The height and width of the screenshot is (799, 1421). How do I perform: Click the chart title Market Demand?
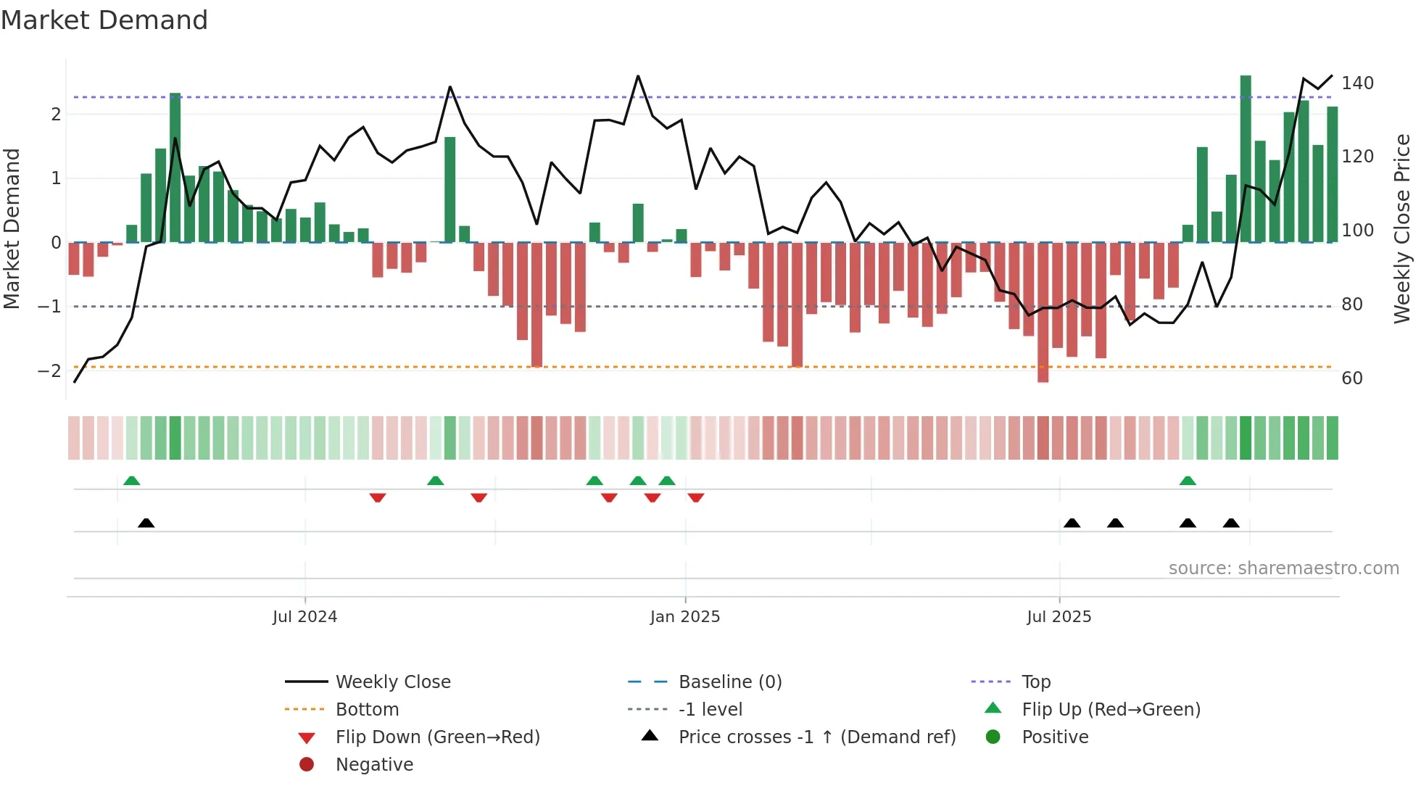(x=104, y=20)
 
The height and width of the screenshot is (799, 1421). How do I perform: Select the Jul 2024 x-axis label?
(x=304, y=617)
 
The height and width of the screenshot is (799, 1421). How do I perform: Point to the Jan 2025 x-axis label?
(x=684, y=617)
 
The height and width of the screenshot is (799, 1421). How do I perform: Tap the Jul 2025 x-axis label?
(x=1058, y=617)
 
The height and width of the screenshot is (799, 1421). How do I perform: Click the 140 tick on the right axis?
(x=1357, y=83)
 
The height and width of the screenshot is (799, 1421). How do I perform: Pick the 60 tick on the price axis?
(x=1352, y=378)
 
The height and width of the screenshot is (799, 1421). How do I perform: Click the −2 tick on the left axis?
(x=49, y=371)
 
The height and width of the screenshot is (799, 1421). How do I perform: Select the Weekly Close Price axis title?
(x=1402, y=228)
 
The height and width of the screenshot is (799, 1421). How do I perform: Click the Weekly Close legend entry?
(x=392, y=682)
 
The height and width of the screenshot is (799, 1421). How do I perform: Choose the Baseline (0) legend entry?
(x=729, y=682)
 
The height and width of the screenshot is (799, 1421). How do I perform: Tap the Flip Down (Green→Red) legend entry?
(x=437, y=737)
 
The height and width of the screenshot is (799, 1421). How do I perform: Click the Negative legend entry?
(x=374, y=765)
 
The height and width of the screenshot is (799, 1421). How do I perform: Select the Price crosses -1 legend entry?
(x=816, y=737)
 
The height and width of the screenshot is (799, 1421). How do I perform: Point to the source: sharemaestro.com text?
(x=1283, y=568)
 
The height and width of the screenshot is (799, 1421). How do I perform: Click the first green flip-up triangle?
(x=131, y=481)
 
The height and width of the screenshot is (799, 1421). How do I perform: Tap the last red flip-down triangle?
(x=696, y=497)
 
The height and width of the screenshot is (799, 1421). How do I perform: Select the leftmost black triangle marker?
(x=146, y=523)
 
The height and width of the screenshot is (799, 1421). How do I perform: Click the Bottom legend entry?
(x=367, y=710)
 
